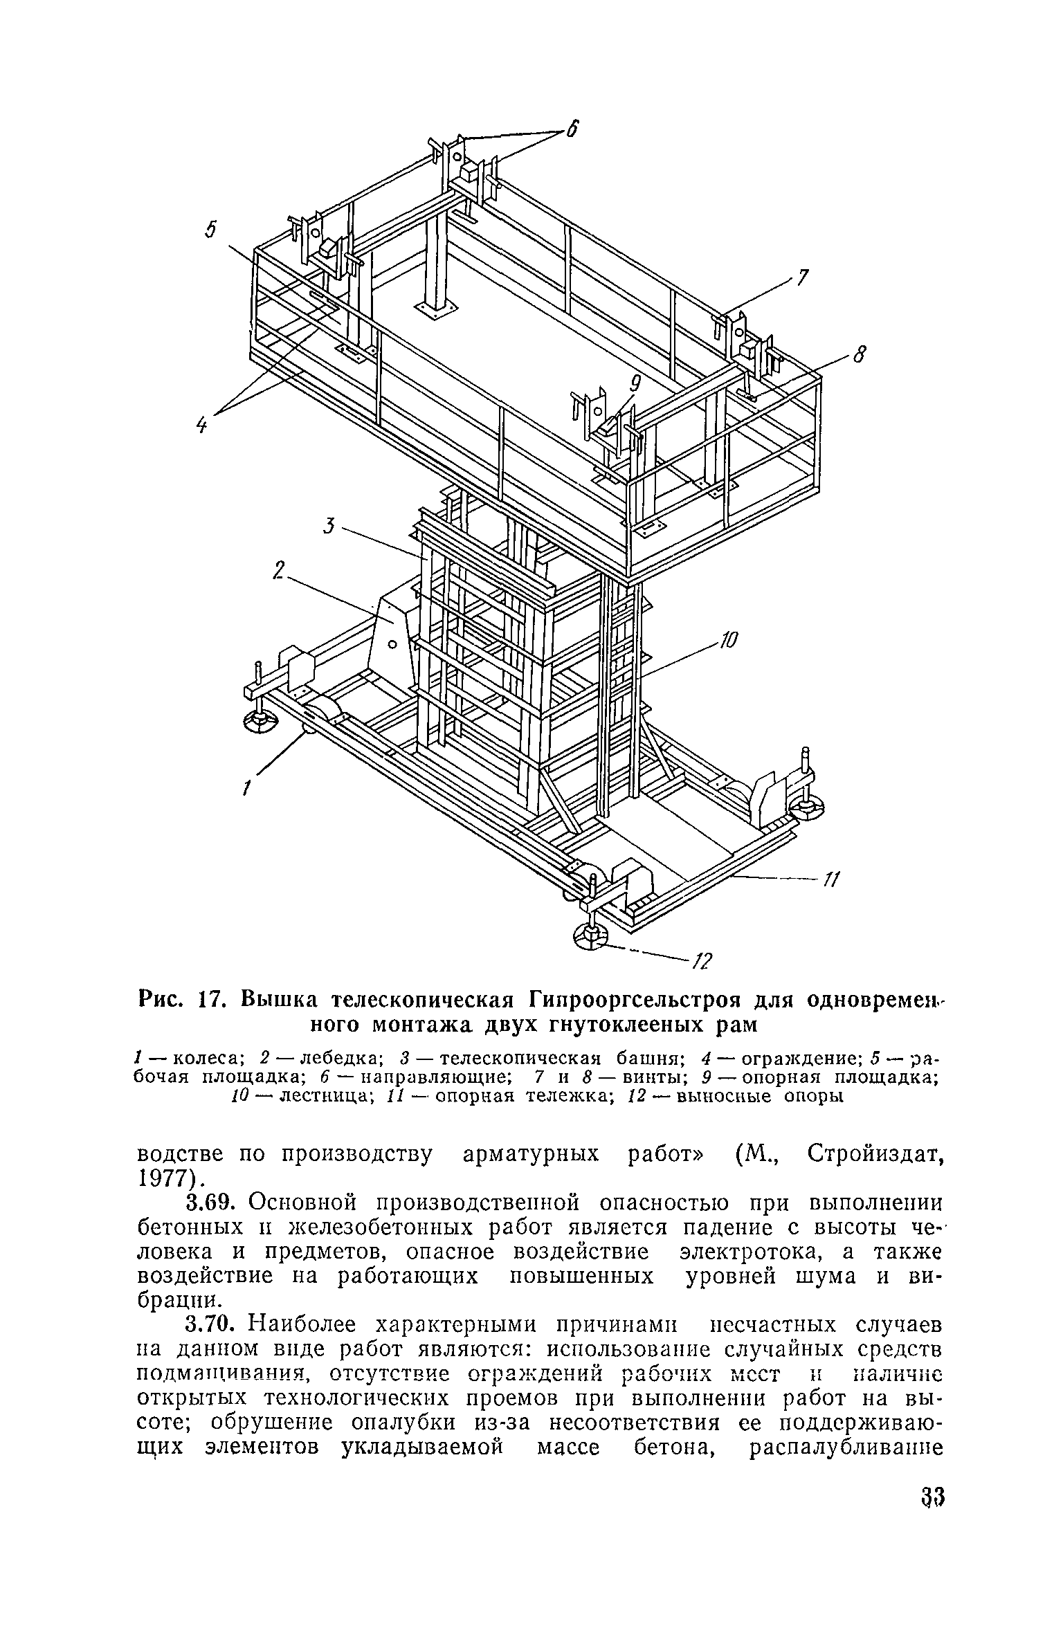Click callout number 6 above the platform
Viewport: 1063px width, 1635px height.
[572, 129]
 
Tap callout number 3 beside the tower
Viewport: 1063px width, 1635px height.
[329, 527]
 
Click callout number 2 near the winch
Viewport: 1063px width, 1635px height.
[278, 572]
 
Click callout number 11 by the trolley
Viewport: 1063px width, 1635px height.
[830, 879]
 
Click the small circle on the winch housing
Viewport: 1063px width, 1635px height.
[392, 645]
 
